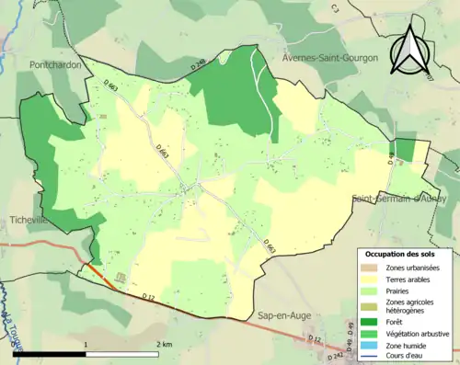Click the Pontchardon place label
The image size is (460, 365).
pyautogui.click(x=56, y=66)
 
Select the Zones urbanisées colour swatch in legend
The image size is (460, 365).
pyautogui.click(x=374, y=267)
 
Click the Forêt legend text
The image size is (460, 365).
pyautogui.click(x=397, y=321)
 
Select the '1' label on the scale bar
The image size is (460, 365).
pyautogui.click(x=86, y=344)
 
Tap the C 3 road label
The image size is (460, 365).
pyautogui.click(x=335, y=8)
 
